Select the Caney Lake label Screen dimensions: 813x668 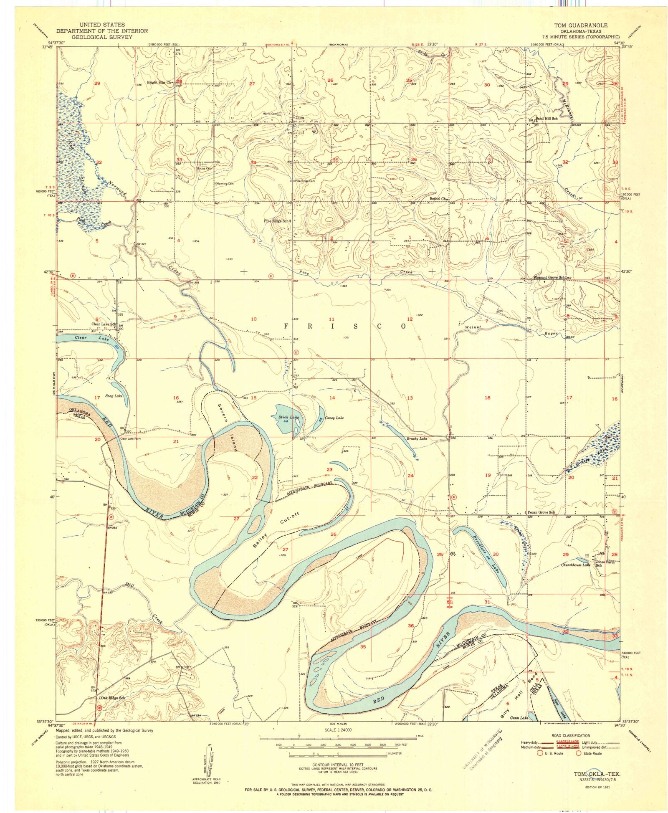coord(334,418)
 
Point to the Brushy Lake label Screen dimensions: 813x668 coord(417,439)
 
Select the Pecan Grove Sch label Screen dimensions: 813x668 coord(541,512)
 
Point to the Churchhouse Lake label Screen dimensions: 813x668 coord(575,565)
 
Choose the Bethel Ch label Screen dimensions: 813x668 coord(438,199)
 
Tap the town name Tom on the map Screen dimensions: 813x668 coord(299,118)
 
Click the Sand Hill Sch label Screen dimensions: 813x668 coord(547,119)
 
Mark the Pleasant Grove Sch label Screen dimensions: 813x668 coord(549,278)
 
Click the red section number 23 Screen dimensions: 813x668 coord(329,470)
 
